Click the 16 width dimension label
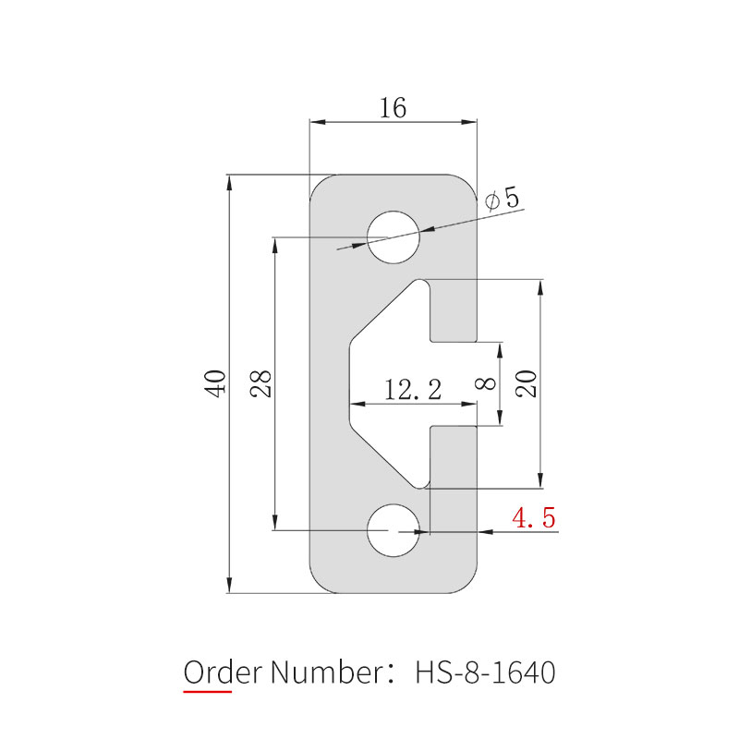click(x=393, y=108)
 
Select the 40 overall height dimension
click(x=215, y=382)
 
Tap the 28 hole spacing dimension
click(x=261, y=382)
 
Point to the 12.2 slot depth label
click(x=413, y=389)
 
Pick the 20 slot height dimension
click(x=527, y=382)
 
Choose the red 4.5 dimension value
click(x=534, y=518)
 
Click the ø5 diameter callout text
click(x=502, y=198)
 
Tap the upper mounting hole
click(x=394, y=237)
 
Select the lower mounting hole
click(x=394, y=531)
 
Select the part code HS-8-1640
click(x=485, y=672)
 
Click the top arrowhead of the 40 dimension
click(x=229, y=181)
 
